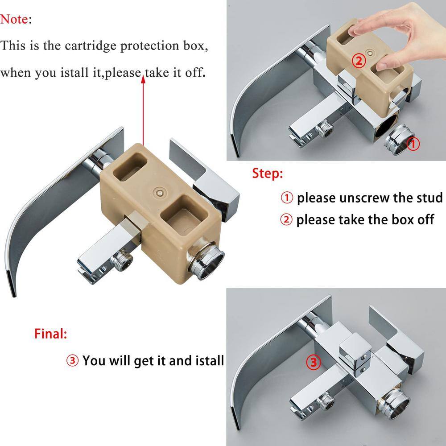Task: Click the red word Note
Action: (x=14, y=19)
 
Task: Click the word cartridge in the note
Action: (x=91, y=46)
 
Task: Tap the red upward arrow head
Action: (x=143, y=79)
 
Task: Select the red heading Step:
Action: (x=268, y=173)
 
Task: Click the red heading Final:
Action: (x=51, y=334)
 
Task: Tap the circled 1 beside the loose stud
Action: (x=413, y=144)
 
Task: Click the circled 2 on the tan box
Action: (x=359, y=61)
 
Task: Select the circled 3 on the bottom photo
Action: (x=313, y=362)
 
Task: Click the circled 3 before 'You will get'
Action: (x=72, y=360)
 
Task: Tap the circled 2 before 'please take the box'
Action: (x=286, y=220)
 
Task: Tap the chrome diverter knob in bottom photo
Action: (x=355, y=352)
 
